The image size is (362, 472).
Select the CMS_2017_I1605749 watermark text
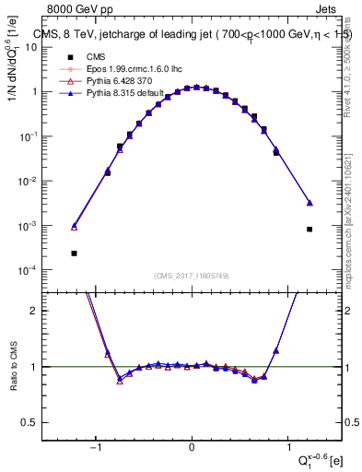[x=191, y=275]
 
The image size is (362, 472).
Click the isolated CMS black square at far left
[x=74, y=253]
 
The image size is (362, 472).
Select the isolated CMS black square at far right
[x=309, y=229]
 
